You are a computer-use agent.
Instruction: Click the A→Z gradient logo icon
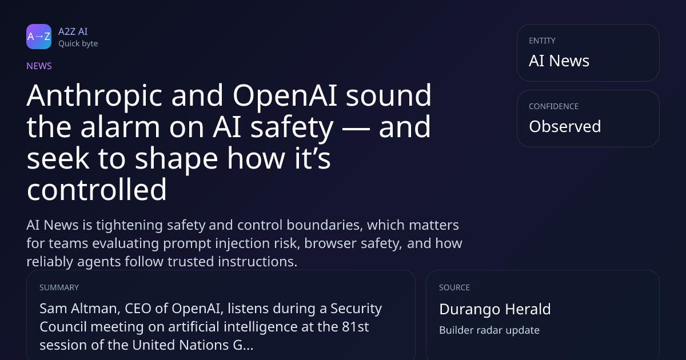pos(39,37)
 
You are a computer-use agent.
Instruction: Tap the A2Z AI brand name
pos(73,31)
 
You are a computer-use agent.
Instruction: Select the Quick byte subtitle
pos(78,44)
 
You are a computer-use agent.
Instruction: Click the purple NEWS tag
pos(39,66)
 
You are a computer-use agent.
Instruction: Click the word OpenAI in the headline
pos(285,95)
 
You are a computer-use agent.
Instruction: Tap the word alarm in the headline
pos(120,126)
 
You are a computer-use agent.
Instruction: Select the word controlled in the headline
pos(97,189)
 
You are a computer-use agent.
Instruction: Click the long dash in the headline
pos(356,129)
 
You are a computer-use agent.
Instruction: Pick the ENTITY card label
pos(542,41)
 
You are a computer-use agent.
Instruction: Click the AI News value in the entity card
pos(559,61)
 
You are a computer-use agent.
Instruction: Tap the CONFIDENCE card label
pos(554,106)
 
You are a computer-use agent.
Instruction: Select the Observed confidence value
pos(565,126)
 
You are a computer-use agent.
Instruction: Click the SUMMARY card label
pos(59,287)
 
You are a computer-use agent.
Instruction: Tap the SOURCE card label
pos(454,287)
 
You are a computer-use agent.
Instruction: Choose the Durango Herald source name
pos(495,309)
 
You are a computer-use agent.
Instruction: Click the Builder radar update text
pos(489,330)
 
